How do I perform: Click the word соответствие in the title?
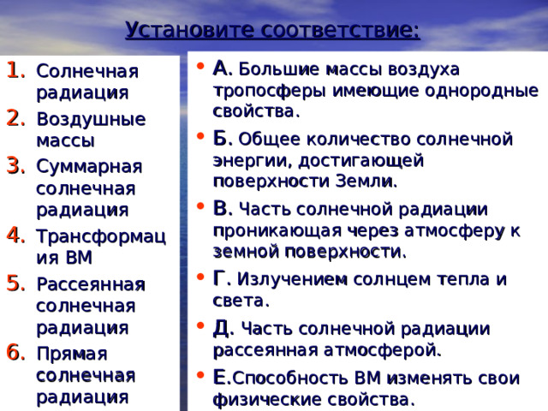tap(341, 32)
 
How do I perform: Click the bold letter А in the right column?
tap(220, 68)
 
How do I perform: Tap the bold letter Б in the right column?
tap(220, 138)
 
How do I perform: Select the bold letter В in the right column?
tap(220, 208)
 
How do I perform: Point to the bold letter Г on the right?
tap(219, 278)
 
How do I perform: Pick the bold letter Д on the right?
tap(221, 328)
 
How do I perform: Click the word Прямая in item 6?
tap(72, 354)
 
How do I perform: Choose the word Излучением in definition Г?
tap(285, 279)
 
